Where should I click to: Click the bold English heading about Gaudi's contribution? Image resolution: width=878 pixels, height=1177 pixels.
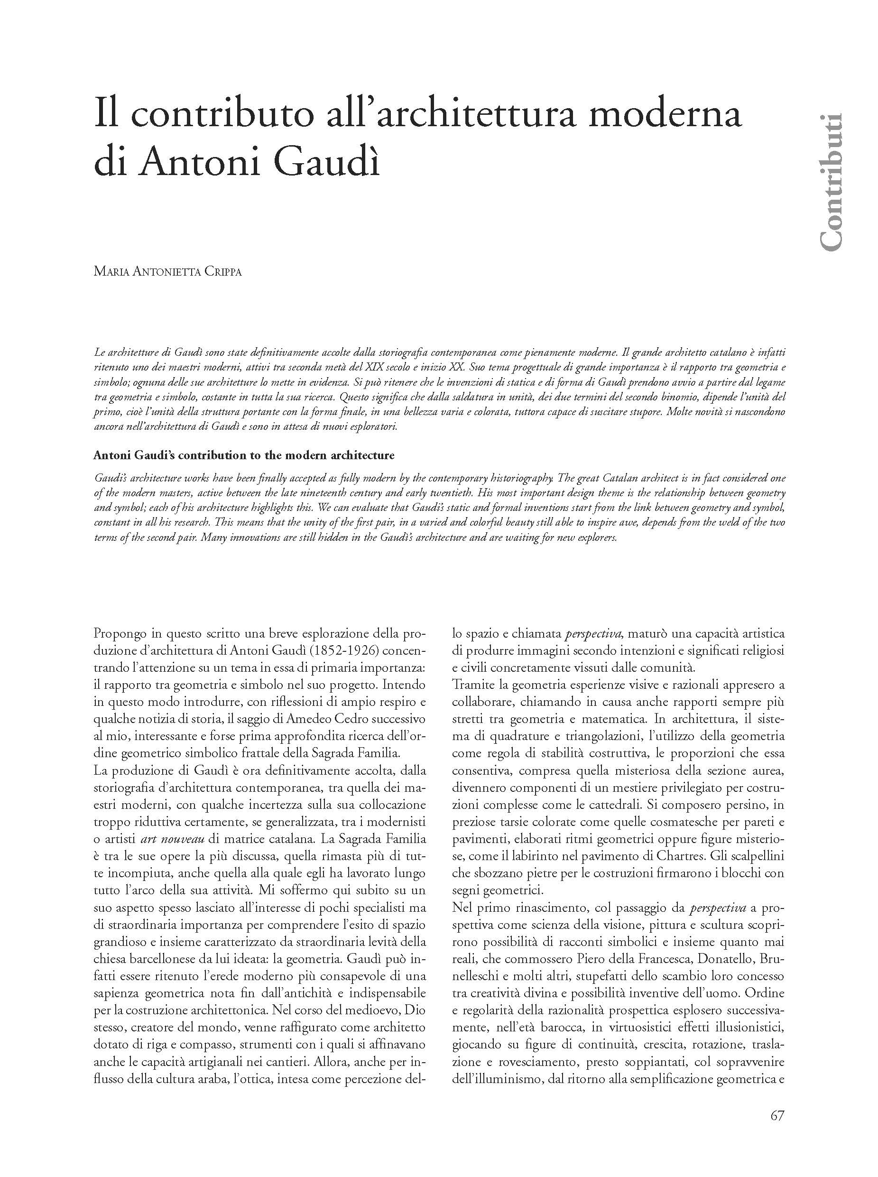click(244, 455)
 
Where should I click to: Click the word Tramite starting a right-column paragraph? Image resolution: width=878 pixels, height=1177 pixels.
click(471, 685)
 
